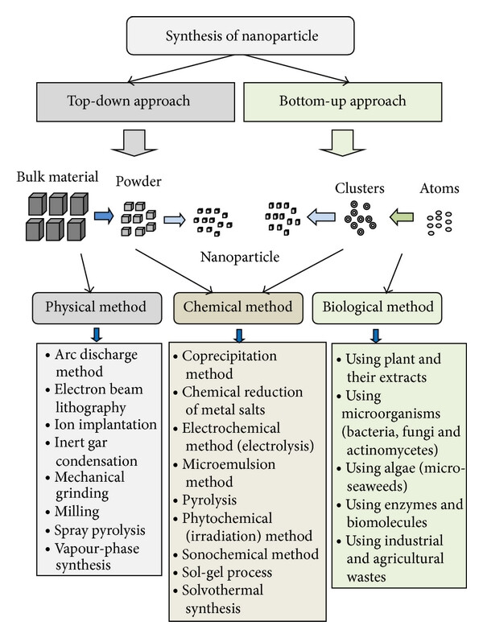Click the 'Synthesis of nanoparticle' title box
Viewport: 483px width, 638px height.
(x=240, y=36)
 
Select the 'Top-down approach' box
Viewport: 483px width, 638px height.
(x=135, y=101)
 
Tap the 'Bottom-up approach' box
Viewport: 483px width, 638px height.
(x=342, y=101)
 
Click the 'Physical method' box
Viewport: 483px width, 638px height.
(x=97, y=308)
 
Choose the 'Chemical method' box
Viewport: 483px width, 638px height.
(x=238, y=308)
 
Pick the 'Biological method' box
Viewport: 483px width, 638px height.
(x=377, y=308)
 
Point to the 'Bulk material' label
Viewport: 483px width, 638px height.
(x=57, y=177)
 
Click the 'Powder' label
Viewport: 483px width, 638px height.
(x=138, y=182)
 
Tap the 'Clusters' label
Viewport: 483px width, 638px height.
(x=360, y=188)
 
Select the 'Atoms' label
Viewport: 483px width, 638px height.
(x=440, y=188)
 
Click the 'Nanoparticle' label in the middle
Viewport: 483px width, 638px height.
(x=240, y=257)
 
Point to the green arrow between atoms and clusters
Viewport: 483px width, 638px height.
(x=402, y=216)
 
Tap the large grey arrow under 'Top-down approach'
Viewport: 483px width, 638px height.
(x=134, y=143)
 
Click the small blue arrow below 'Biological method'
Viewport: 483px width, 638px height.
(x=376, y=335)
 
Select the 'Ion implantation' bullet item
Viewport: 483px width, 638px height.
(x=101, y=425)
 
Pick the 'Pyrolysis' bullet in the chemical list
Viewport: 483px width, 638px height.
(x=205, y=500)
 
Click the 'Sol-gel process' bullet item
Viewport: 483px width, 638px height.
(x=223, y=573)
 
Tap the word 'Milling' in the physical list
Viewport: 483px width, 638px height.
(x=77, y=512)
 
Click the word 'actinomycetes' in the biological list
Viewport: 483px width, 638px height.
(x=392, y=450)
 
